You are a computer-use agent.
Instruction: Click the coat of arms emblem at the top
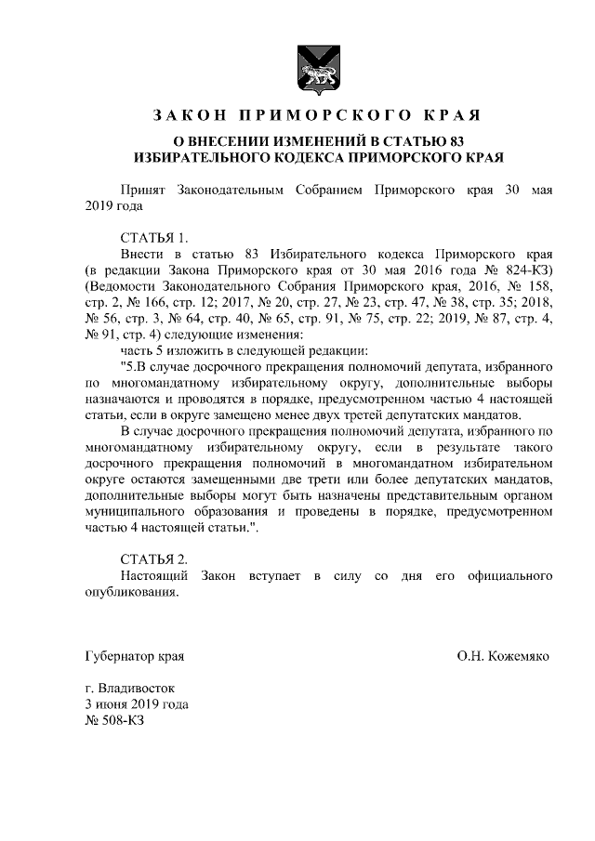tap(316, 70)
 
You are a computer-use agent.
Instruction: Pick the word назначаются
tap(125, 398)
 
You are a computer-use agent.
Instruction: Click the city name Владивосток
tap(141, 689)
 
